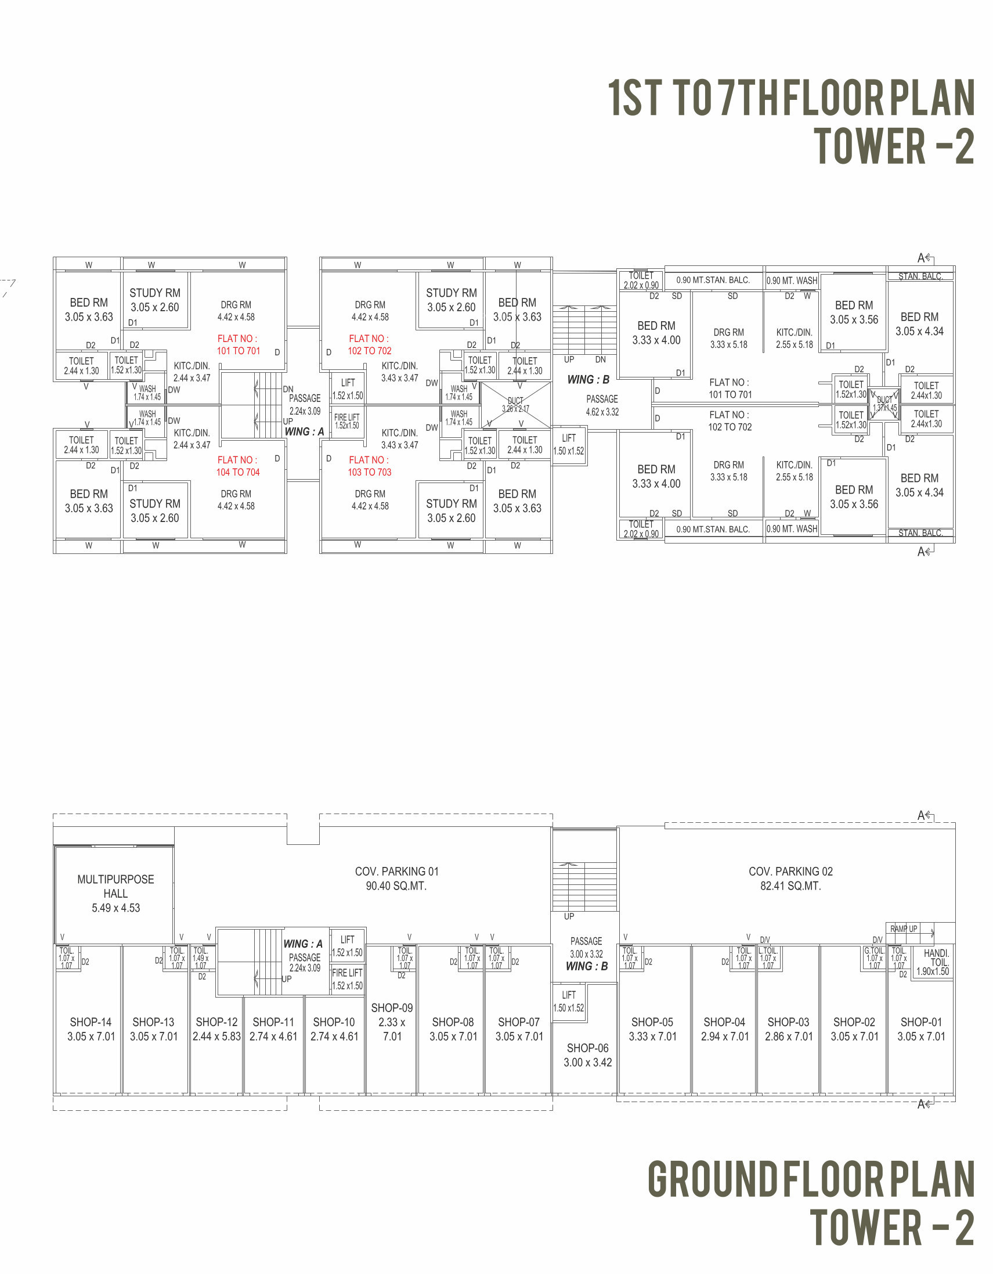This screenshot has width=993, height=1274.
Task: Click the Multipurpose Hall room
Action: [115, 893]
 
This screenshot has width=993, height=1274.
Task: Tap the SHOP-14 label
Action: [91, 1021]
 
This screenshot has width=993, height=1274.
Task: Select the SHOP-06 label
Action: [587, 1047]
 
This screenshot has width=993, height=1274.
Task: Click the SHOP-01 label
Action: [920, 1021]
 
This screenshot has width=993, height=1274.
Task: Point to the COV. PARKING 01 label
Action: [396, 871]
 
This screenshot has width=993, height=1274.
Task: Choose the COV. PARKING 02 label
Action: [790, 871]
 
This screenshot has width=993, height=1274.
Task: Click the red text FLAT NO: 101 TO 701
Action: [238, 345]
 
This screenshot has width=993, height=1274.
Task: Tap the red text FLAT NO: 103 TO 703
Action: [369, 466]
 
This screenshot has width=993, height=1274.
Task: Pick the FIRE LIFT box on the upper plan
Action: [347, 421]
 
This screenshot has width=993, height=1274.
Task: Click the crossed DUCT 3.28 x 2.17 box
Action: [516, 405]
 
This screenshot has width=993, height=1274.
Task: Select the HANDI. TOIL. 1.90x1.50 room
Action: [933, 962]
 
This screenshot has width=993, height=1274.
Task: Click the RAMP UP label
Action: [904, 928]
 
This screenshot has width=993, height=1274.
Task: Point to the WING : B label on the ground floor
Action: [587, 966]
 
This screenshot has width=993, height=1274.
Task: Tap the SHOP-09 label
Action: [392, 1007]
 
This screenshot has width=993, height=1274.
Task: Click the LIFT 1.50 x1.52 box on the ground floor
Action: [569, 1001]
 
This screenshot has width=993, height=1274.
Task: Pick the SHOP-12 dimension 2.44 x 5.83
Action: [216, 1036]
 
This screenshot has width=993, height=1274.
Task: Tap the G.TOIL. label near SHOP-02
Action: [873, 950]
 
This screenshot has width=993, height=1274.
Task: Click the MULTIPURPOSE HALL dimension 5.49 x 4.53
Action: [115, 908]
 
